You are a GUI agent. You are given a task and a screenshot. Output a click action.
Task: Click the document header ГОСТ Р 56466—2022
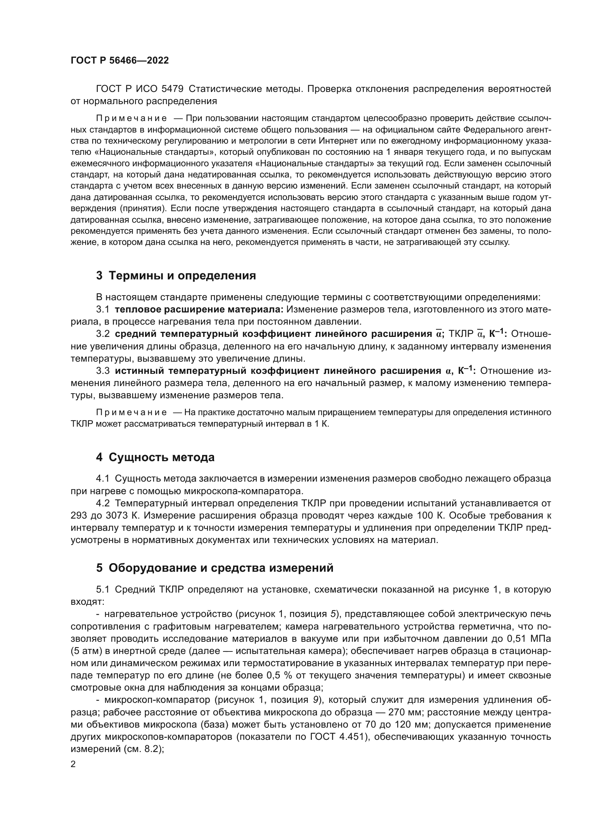(120, 61)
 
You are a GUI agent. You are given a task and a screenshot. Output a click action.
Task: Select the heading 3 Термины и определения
(176, 275)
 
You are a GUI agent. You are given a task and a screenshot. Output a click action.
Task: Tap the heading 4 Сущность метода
(155, 457)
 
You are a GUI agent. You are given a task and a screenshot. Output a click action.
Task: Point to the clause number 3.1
(103, 310)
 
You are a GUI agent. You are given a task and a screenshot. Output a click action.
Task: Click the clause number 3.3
(103, 371)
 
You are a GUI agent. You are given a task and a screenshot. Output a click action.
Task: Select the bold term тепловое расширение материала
(199, 310)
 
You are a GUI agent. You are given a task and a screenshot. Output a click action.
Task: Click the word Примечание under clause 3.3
(131, 413)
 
